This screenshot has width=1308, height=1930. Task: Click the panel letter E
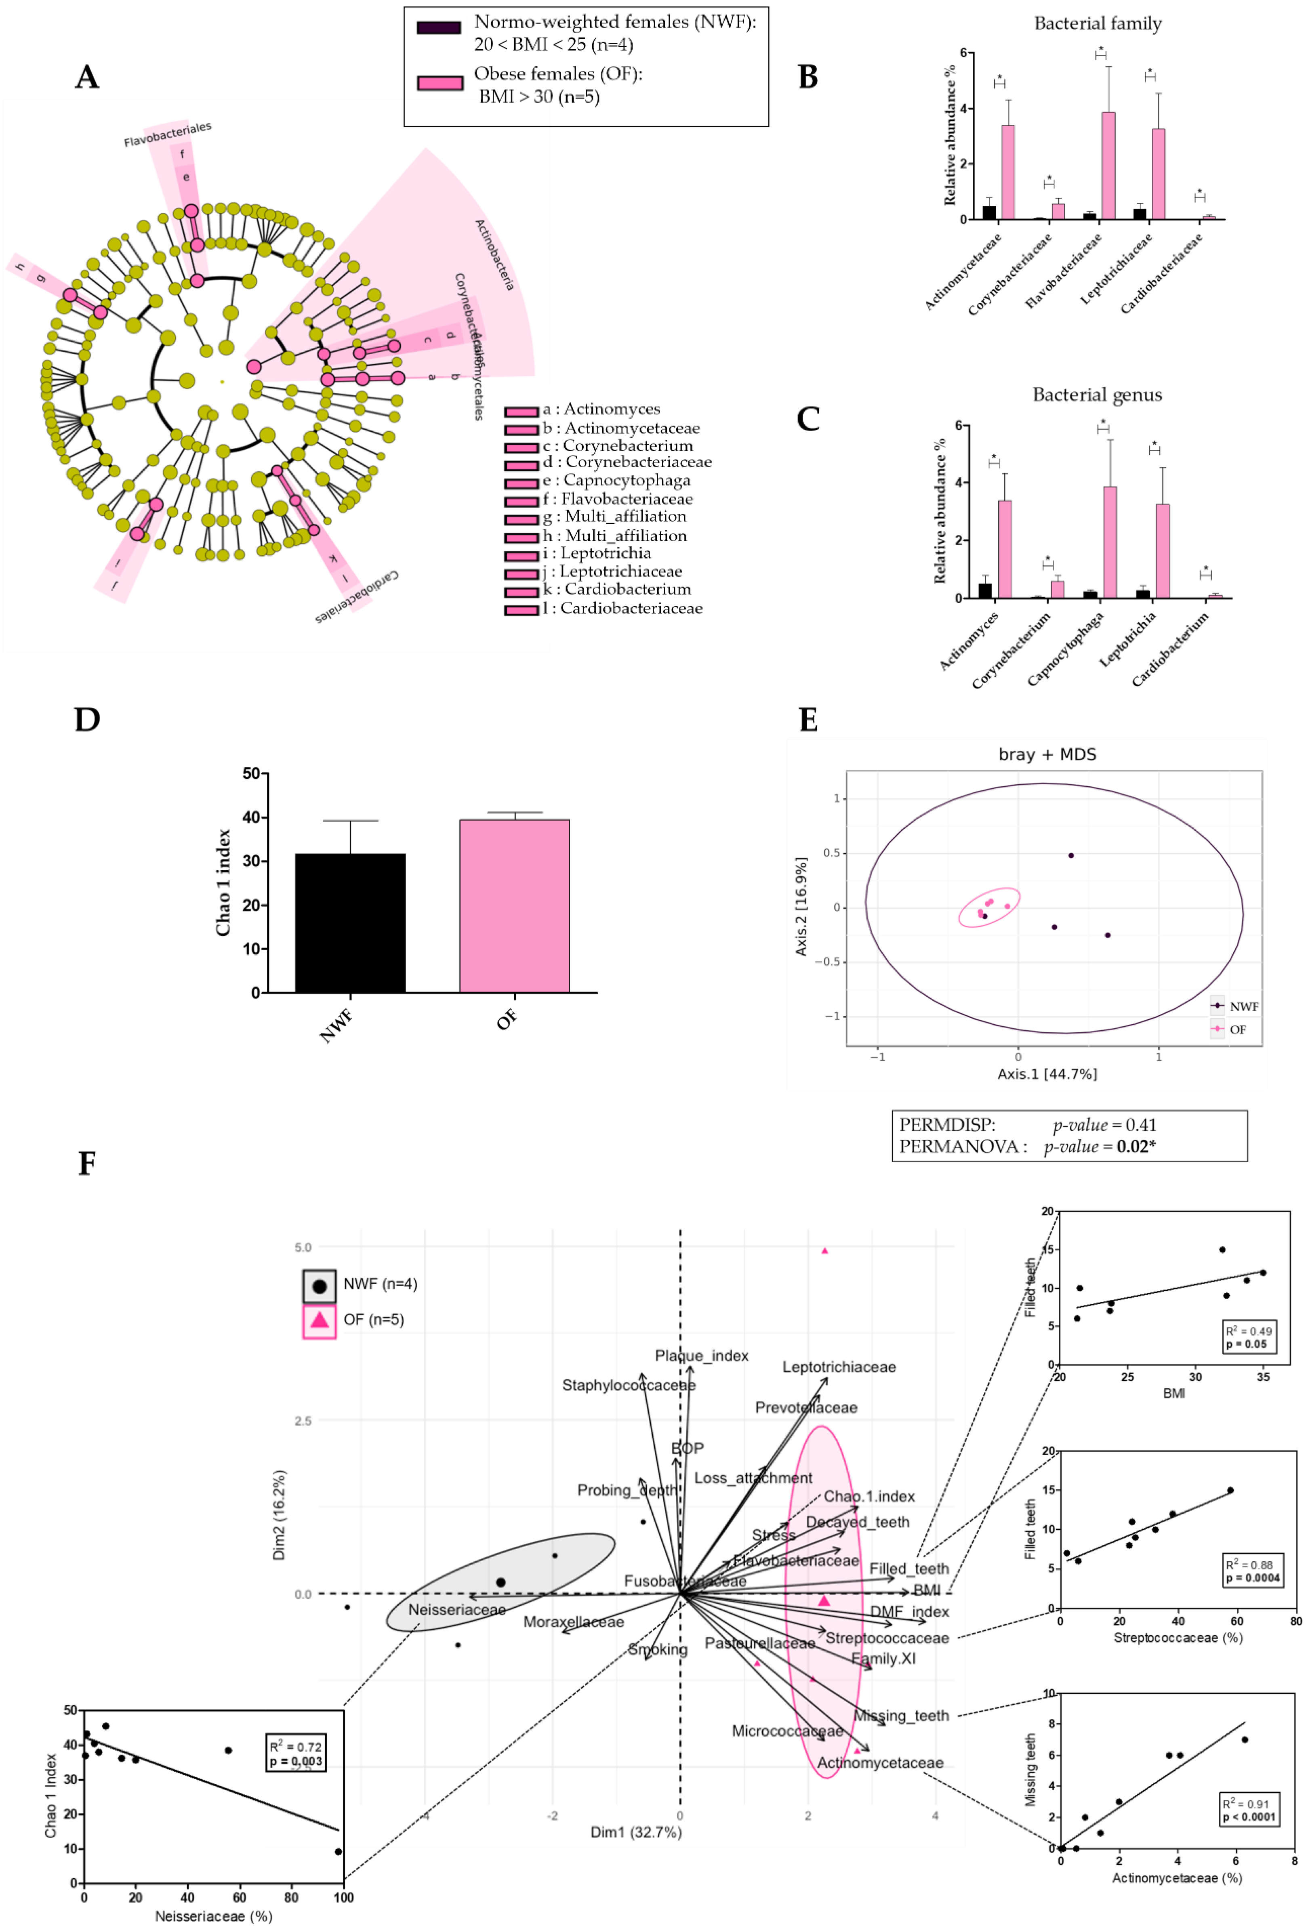[807, 719]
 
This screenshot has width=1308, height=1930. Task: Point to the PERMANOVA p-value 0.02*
[1135, 1147]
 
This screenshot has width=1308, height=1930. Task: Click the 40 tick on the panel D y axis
[250, 817]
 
